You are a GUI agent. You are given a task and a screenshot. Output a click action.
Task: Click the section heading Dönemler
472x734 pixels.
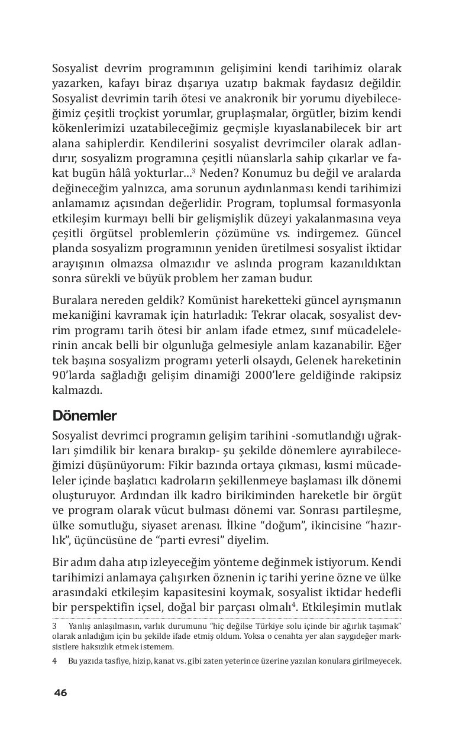click(x=85, y=415)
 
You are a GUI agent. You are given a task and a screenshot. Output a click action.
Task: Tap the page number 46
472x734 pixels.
click(x=60, y=693)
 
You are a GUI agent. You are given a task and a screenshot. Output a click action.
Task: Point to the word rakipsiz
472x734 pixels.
click(x=377, y=376)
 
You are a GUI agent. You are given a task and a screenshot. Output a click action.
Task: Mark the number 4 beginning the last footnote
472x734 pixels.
click(x=54, y=661)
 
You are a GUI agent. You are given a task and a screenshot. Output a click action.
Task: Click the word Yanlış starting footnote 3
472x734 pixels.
click(x=80, y=626)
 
